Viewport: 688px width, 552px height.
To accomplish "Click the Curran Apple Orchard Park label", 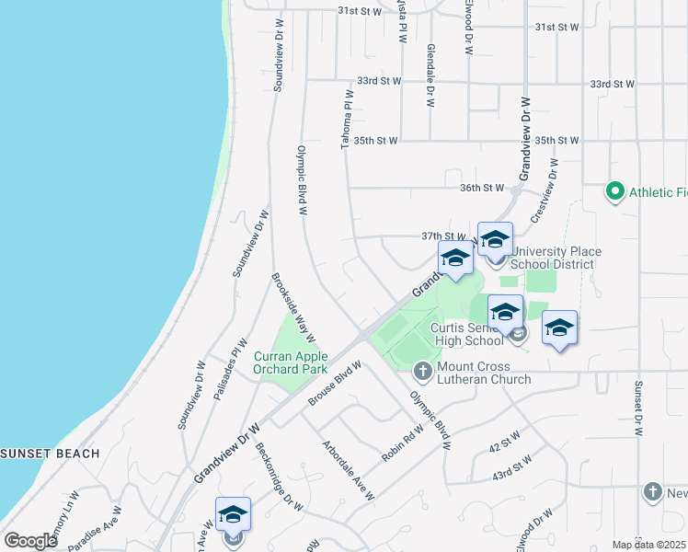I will tap(291, 362).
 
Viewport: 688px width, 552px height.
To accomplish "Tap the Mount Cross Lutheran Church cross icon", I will tap(422, 372).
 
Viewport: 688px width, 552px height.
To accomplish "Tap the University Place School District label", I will tap(556, 258).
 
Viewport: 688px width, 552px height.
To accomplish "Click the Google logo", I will tap(30, 541).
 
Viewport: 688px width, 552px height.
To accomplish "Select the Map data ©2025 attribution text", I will tap(649, 545).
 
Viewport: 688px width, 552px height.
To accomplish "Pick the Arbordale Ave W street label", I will tap(348, 471).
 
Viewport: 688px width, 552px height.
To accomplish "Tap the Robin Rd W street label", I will tap(405, 441).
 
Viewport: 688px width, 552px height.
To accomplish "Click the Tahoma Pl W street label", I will tap(348, 120).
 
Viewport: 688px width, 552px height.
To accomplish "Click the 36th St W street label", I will tap(483, 188).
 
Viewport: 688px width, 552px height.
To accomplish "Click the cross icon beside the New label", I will tap(652, 491).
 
